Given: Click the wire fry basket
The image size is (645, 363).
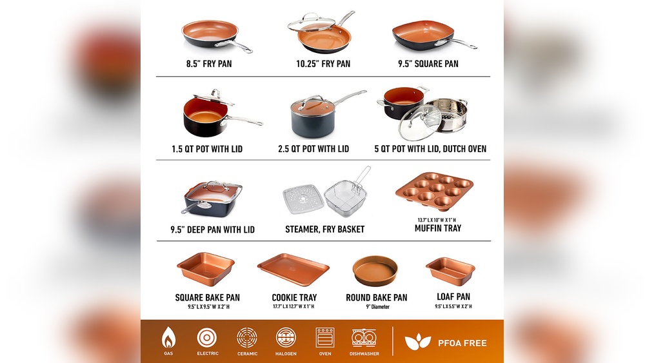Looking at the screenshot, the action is point(347,192).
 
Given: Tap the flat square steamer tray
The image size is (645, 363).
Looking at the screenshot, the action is point(304,199).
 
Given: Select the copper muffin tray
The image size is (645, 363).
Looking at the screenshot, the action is point(434,191).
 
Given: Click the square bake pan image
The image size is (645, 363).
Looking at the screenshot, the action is point(206,269).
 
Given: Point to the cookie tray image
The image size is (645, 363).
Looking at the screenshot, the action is point(293,270).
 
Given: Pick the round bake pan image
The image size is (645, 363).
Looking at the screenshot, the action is point(375,271).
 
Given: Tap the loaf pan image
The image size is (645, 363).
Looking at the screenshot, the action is point(450,271).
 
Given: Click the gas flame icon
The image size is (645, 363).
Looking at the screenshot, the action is point(168,338).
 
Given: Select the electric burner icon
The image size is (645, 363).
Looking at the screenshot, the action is point(207,338).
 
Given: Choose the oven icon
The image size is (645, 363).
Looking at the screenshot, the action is point(325,337).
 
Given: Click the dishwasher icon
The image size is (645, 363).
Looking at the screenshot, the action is point(364,338).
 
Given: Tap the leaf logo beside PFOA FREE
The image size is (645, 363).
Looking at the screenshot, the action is point(417,342).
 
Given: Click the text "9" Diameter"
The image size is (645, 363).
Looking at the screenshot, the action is point(377,307).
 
